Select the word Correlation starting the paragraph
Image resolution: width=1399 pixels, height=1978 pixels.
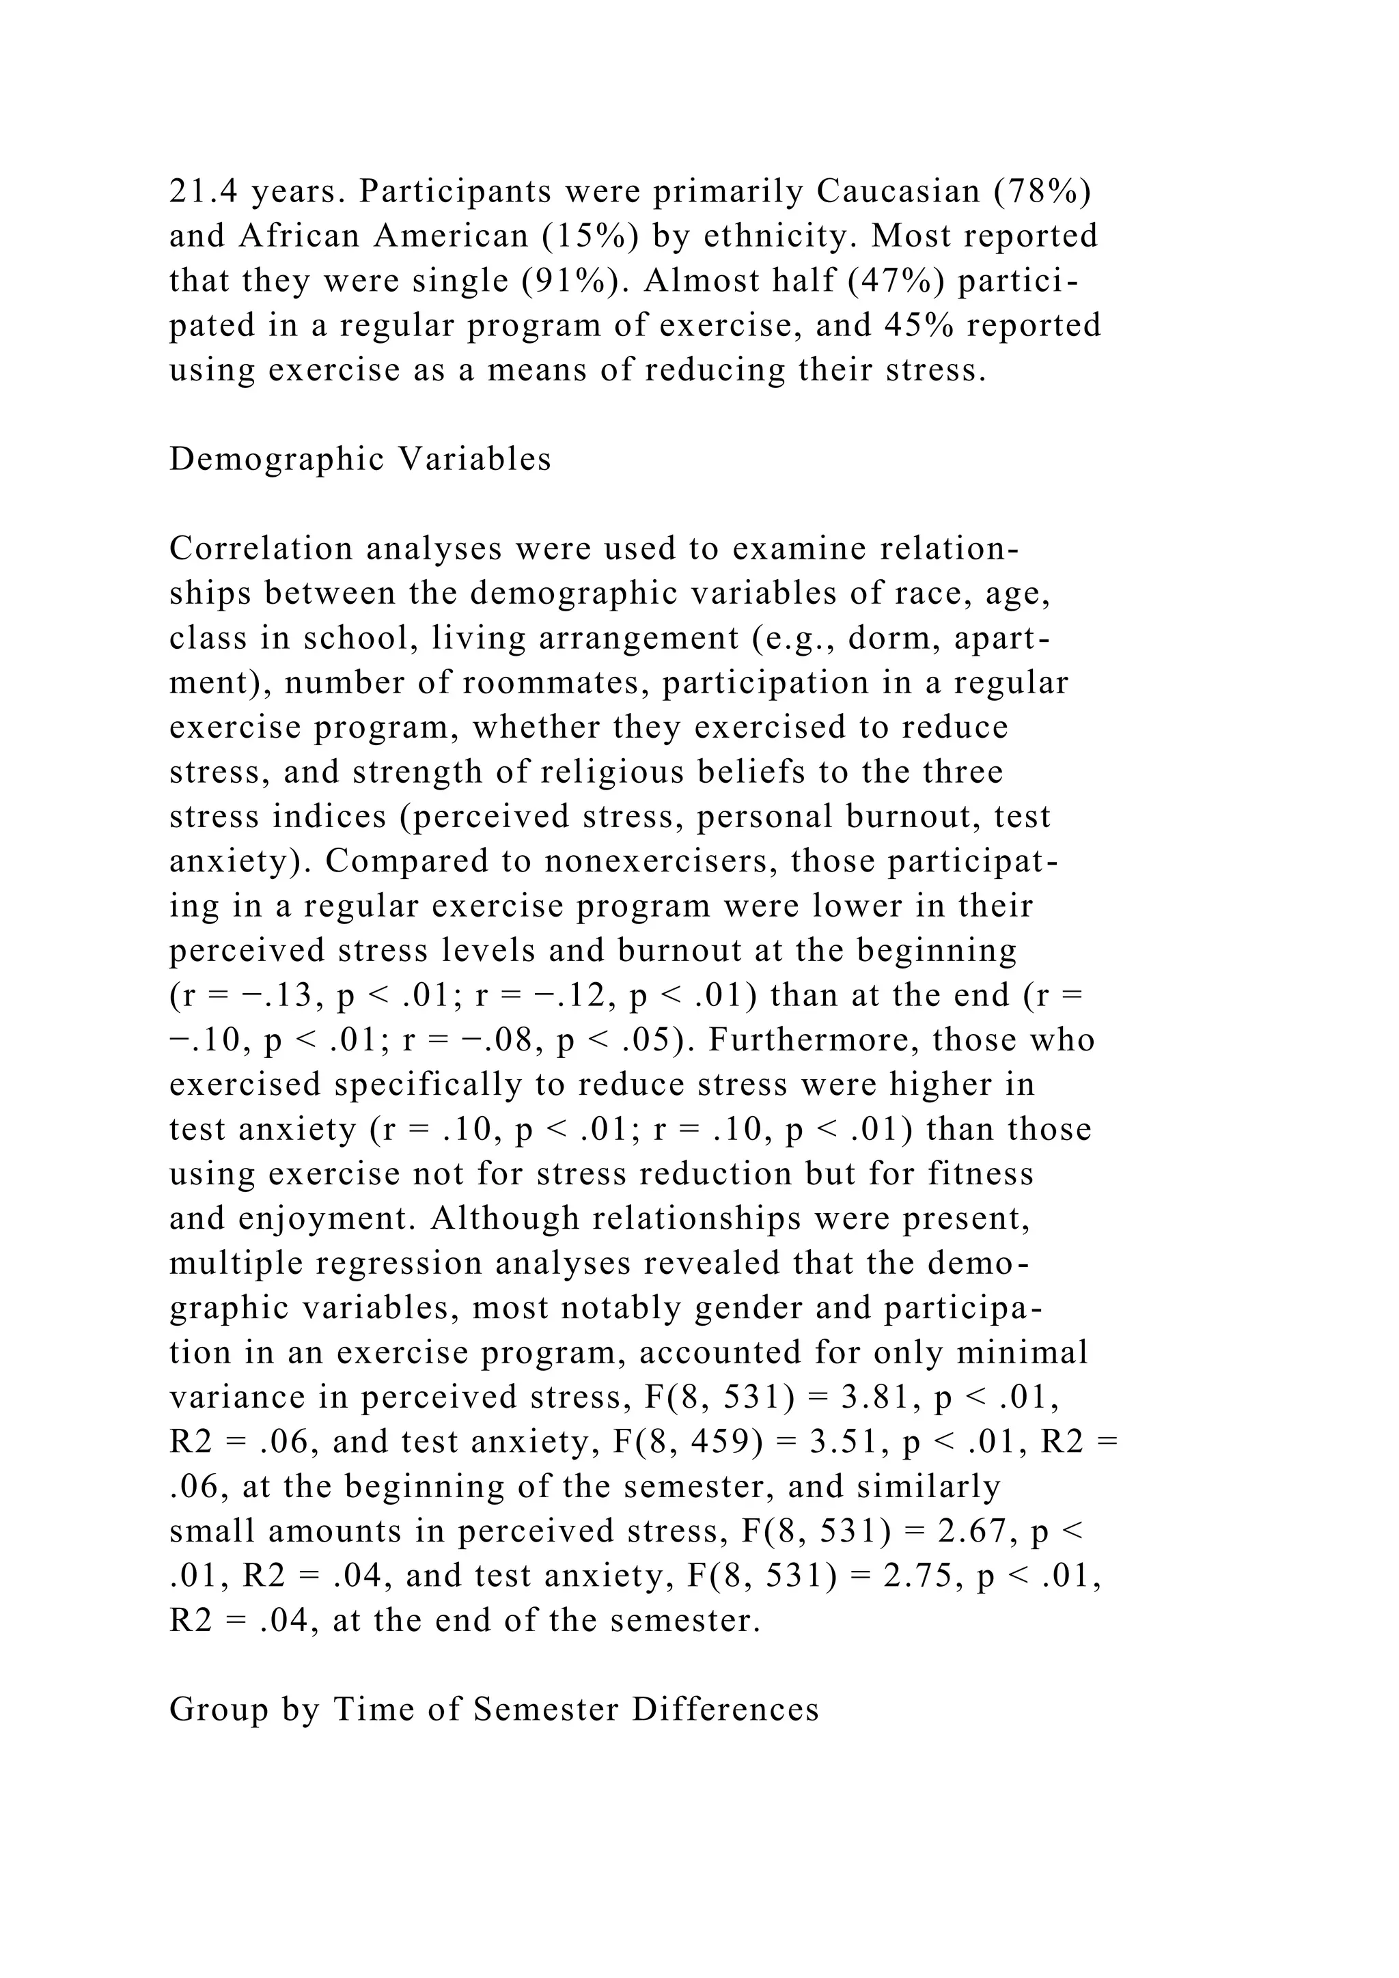[x=261, y=548]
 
